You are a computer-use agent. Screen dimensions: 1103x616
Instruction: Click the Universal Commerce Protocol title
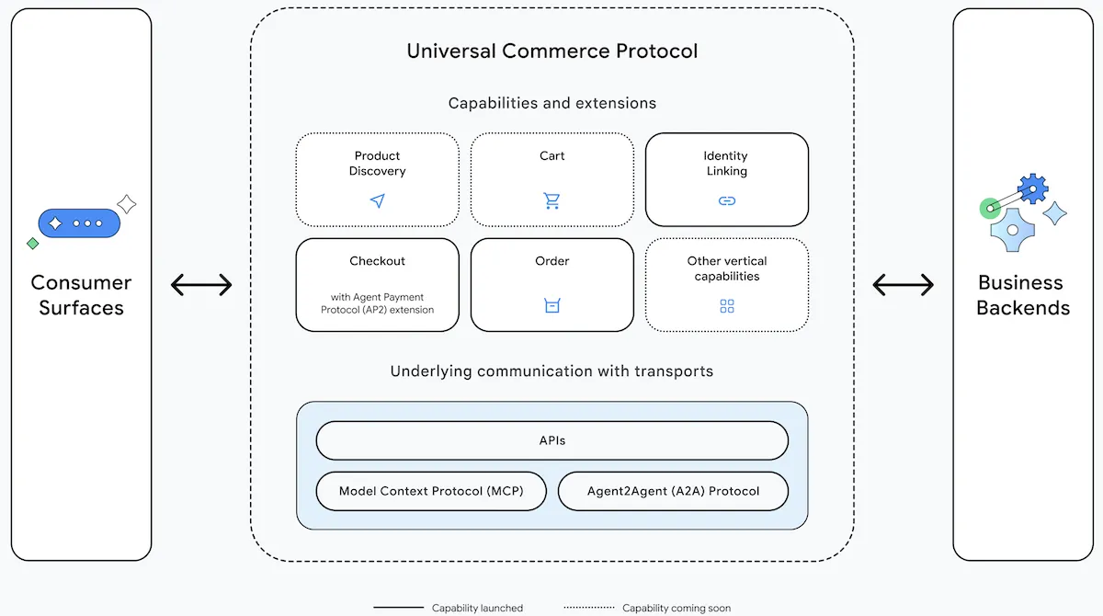552,51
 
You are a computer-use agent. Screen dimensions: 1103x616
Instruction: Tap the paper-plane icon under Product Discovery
378,200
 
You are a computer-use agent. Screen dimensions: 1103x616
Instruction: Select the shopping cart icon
552,200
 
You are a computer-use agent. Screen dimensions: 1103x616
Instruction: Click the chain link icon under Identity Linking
727,201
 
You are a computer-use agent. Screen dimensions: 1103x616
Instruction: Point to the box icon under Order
552,305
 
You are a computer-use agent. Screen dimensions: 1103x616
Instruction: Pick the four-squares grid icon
727,306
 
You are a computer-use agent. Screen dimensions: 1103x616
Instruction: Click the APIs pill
552,440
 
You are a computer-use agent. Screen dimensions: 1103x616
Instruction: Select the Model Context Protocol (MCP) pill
431,491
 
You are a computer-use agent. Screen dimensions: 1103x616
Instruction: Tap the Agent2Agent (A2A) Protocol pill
673,491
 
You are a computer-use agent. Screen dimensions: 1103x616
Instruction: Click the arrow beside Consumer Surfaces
201,285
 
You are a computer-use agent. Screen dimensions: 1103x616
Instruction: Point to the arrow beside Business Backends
903,285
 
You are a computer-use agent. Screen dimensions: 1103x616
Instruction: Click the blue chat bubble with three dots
79,223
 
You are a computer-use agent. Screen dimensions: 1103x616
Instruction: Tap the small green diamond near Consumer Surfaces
33,244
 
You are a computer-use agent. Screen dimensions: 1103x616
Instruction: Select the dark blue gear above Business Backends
1032,188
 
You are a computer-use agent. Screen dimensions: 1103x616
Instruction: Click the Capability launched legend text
477,608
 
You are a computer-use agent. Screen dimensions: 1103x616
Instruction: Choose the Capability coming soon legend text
677,608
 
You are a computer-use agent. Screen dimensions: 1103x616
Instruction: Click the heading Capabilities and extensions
552,103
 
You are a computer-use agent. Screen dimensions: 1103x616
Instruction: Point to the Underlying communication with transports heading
551,371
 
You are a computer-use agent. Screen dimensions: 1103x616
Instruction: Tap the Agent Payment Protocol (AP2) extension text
377,303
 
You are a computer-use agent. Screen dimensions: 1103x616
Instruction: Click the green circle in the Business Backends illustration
989,209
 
